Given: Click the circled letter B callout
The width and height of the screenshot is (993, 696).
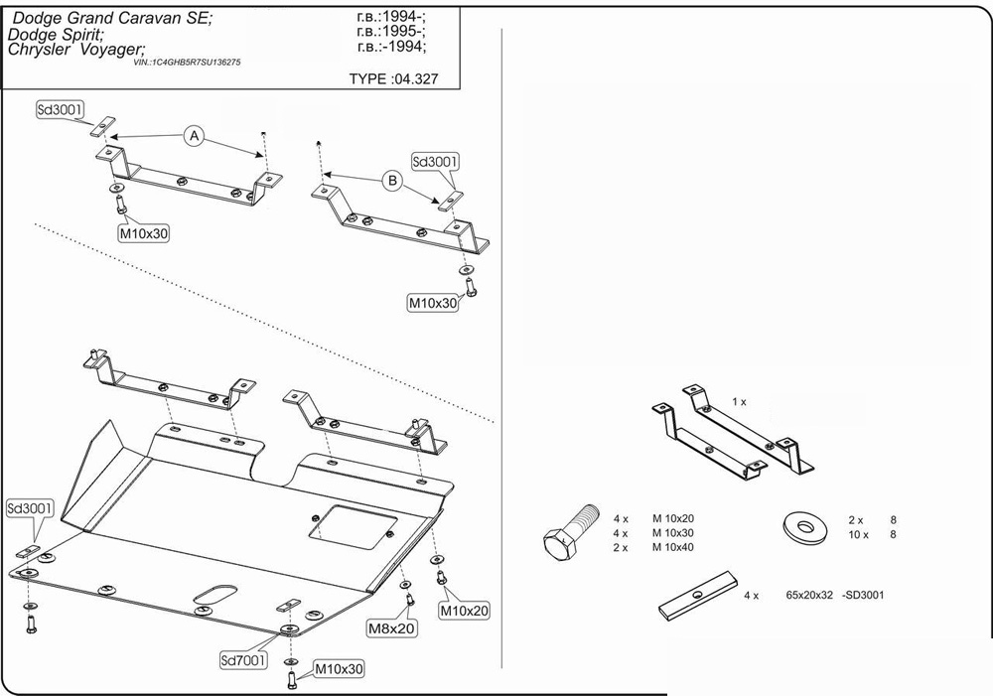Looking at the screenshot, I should [x=392, y=181].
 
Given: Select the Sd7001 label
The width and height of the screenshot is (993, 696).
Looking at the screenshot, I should [x=243, y=659].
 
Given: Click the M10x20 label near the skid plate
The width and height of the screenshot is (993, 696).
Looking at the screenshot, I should [x=465, y=610].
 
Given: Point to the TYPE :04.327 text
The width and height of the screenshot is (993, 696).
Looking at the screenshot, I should [x=393, y=78].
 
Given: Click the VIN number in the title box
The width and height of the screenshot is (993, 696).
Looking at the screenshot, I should [x=187, y=62].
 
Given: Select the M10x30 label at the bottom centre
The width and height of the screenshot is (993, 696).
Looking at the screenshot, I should [x=339, y=670].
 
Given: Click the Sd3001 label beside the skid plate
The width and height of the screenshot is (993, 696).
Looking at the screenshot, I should [x=31, y=508].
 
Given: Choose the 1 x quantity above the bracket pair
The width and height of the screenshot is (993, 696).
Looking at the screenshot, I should [x=739, y=401].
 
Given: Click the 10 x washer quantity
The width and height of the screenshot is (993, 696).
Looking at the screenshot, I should [x=858, y=534].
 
